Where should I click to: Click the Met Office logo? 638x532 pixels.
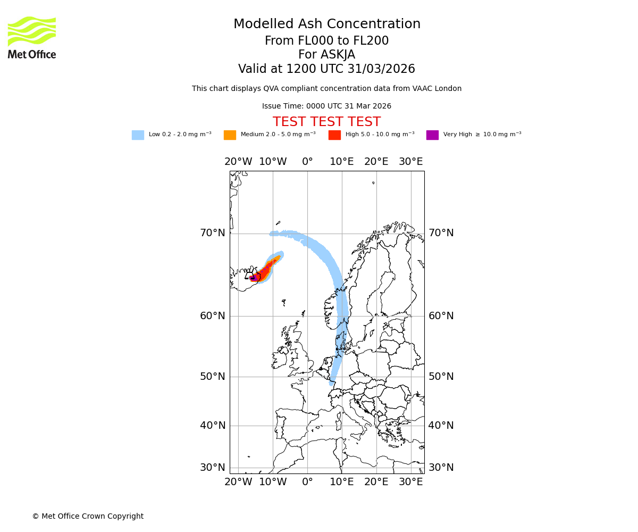(x=32, y=37)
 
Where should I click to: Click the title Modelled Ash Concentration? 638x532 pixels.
(x=326, y=24)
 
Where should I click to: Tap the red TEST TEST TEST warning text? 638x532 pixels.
(x=326, y=122)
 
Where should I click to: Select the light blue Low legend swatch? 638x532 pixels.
(x=138, y=135)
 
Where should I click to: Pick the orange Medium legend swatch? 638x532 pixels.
(x=230, y=135)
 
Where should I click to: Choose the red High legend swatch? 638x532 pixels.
(x=334, y=135)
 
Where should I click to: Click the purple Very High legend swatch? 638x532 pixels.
(x=432, y=135)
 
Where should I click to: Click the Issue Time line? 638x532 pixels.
(x=326, y=106)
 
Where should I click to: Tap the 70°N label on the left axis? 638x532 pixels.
(x=213, y=233)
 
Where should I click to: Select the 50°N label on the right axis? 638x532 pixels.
(x=441, y=377)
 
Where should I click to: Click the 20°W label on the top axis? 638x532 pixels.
(x=238, y=162)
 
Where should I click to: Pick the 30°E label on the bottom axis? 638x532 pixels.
(x=410, y=482)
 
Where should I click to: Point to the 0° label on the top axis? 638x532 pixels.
(x=307, y=162)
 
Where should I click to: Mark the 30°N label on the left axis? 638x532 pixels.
(x=213, y=468)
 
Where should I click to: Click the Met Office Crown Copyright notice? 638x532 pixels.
(x=88, y=516)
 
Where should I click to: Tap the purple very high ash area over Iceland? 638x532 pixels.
(x=253, y=278)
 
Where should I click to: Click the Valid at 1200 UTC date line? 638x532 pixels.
(x=326, y=69)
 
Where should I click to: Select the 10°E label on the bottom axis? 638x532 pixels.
(x=341, y=482)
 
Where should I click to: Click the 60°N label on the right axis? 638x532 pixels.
(x=441, y=316)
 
